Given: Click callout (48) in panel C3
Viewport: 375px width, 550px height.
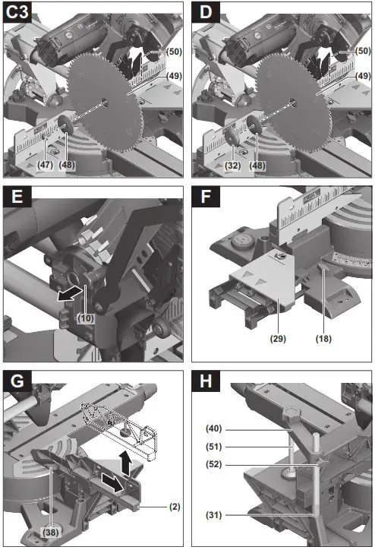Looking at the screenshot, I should pyautogui.click(x=68, y=163).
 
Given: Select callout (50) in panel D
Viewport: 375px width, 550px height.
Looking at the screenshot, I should pyautogui.click(x=363, y=50).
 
